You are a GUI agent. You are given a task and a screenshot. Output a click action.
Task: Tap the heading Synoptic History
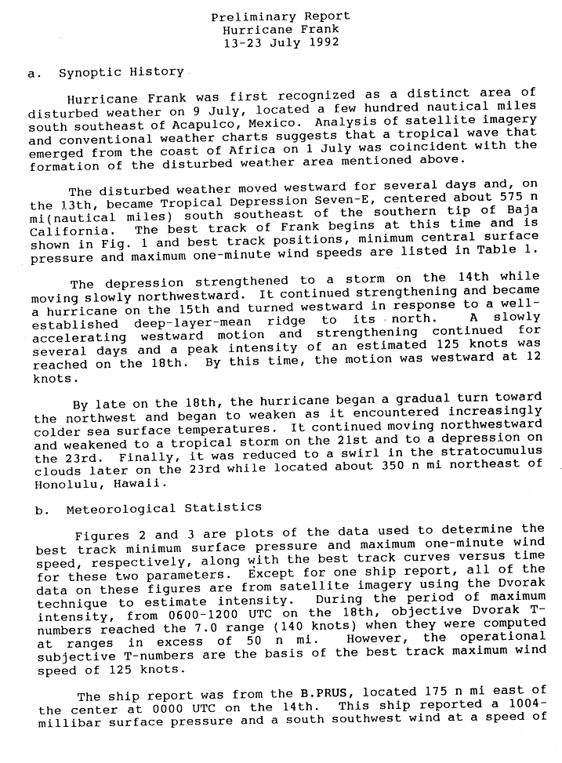121,73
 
